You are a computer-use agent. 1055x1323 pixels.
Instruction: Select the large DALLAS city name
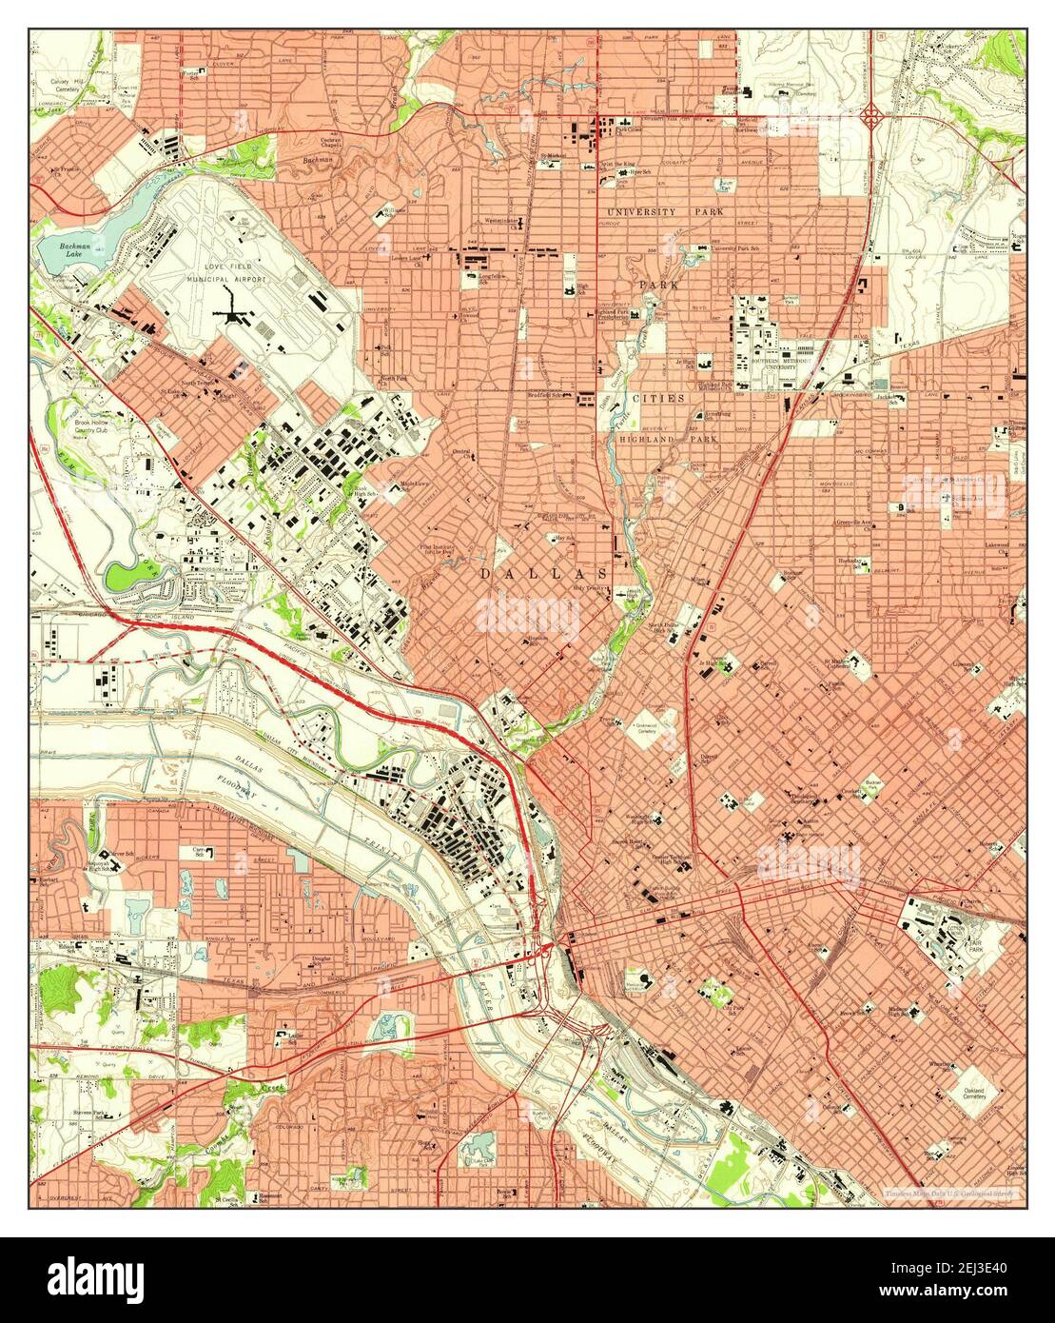[543, 574]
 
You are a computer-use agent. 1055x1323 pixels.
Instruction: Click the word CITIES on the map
[660, 398]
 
